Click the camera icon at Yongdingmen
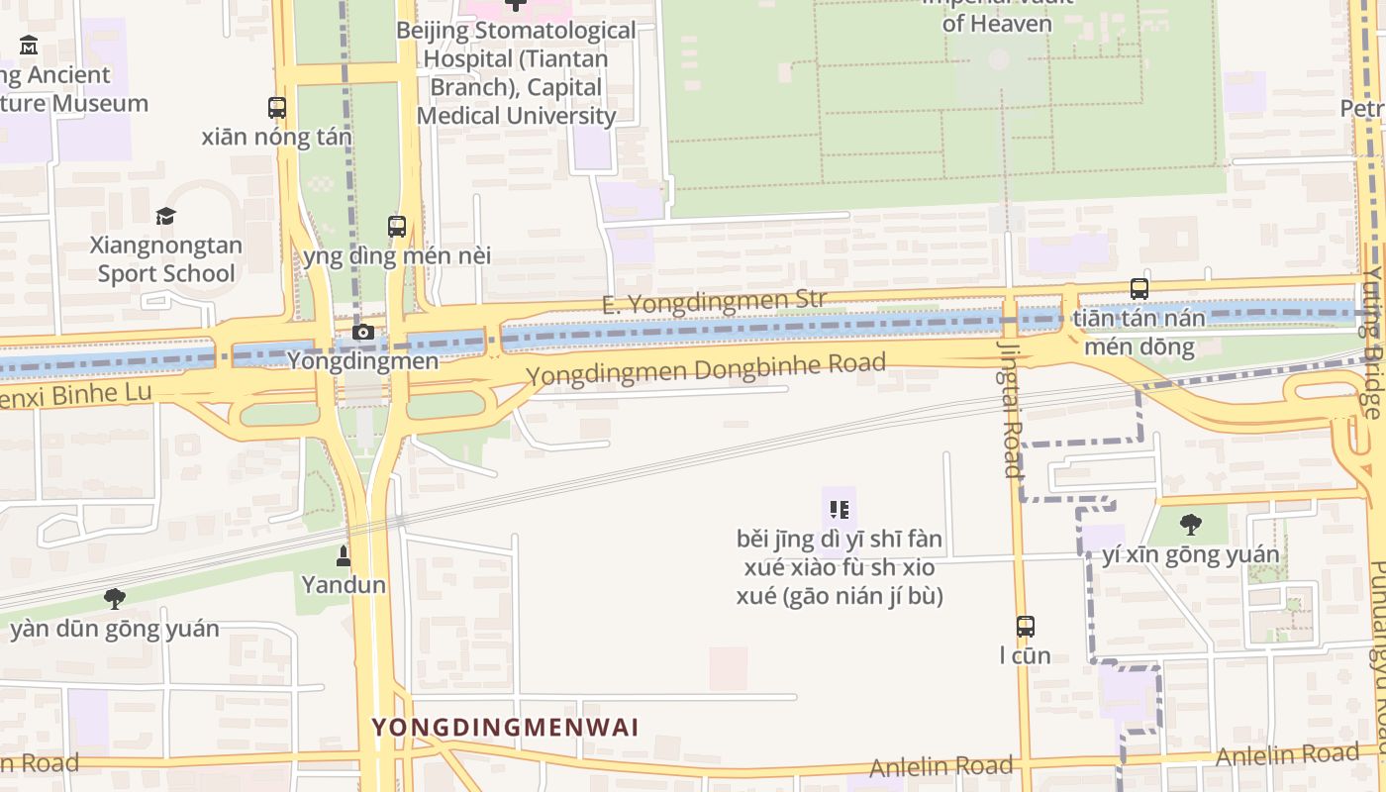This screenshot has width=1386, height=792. (363, 332)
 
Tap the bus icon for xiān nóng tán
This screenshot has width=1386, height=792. (277, 108)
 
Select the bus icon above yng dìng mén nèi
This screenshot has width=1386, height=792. (397, 226)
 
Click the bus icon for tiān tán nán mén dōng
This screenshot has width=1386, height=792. (1139, 289)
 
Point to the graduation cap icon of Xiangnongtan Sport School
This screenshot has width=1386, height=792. (165, 216)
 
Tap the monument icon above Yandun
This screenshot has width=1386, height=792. (344, 555)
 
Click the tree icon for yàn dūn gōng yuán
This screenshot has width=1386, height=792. (115, 598)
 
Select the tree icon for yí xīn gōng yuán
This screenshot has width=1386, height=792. (1191, 524)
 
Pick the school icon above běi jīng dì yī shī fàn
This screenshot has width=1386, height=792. (840, 510)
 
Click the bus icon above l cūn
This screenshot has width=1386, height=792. (1026, 626)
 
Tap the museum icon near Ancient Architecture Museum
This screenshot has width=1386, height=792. (29, 46)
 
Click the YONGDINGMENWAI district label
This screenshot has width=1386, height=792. (505, 728)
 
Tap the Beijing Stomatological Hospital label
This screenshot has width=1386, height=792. (516, 72)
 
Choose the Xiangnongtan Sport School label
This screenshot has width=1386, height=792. (166, 259)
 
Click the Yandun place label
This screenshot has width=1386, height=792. (344, 584)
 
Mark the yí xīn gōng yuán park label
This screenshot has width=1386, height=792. (1191, 554)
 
